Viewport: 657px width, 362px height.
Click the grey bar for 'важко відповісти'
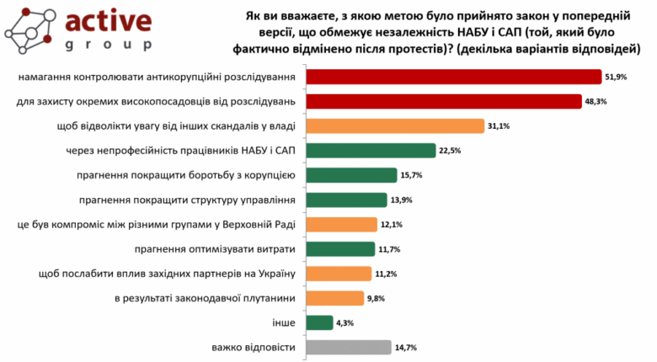coord(349,347)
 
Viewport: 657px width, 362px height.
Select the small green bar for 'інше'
coord(319,322)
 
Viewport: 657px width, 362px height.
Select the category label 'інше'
coord(285,322)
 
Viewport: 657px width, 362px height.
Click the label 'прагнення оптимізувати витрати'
coord(214,248)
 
